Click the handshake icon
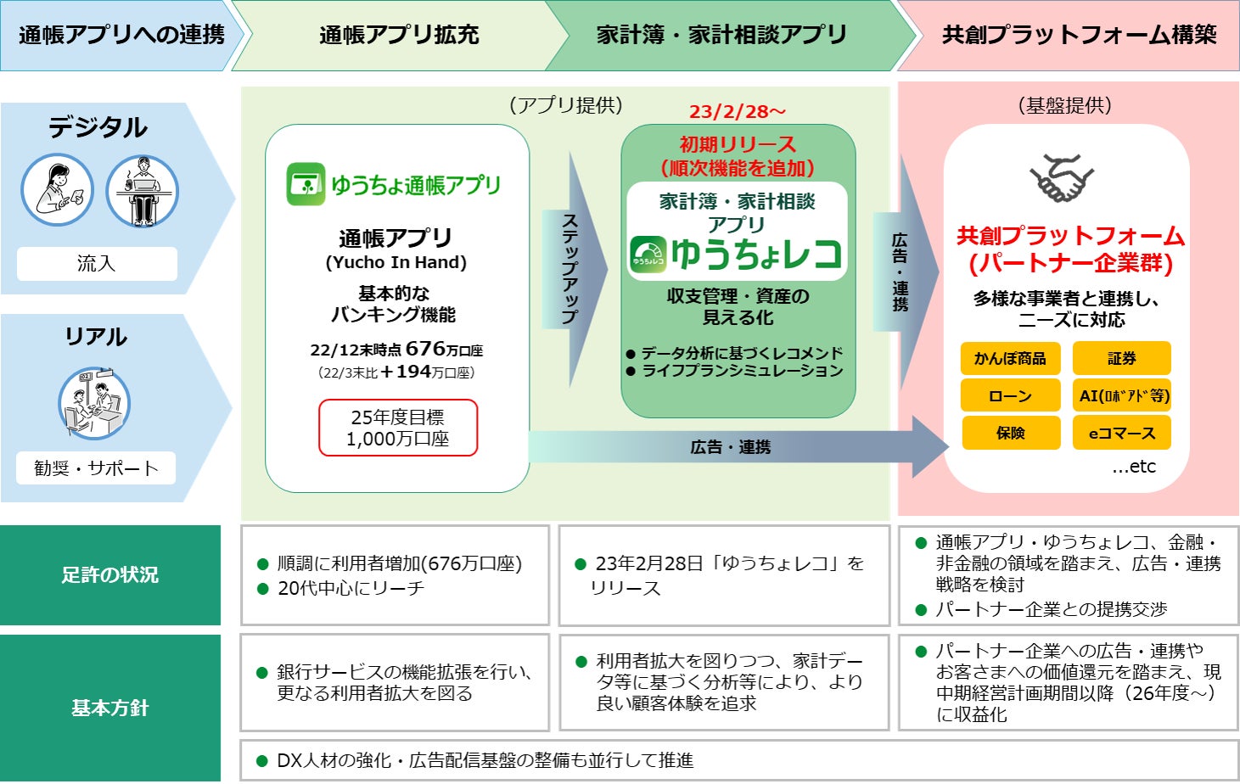[x=1062, y=178]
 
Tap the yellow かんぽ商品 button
[x=1010, y=358]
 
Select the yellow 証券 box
[x=1121, y=358]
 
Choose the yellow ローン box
[x=1010, y=395]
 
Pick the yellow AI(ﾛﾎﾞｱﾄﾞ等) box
[x=1121, y=395]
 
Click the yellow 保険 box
[x=1010, y=433]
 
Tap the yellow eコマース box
[x=1121, y=433]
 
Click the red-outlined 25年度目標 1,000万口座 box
[x=398, y=428]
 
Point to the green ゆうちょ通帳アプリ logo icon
[x=306, y=184]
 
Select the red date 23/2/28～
[x=737, y=111]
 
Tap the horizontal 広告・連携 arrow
[x=730, y=446]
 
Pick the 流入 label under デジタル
[x=97, y=264]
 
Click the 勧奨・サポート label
[x=96, y=468]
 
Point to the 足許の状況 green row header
[x=110, y=574]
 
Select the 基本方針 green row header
[x=110, y=708]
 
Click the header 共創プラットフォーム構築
[x=1079, y=35]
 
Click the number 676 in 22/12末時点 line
[x=425, y=349]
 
